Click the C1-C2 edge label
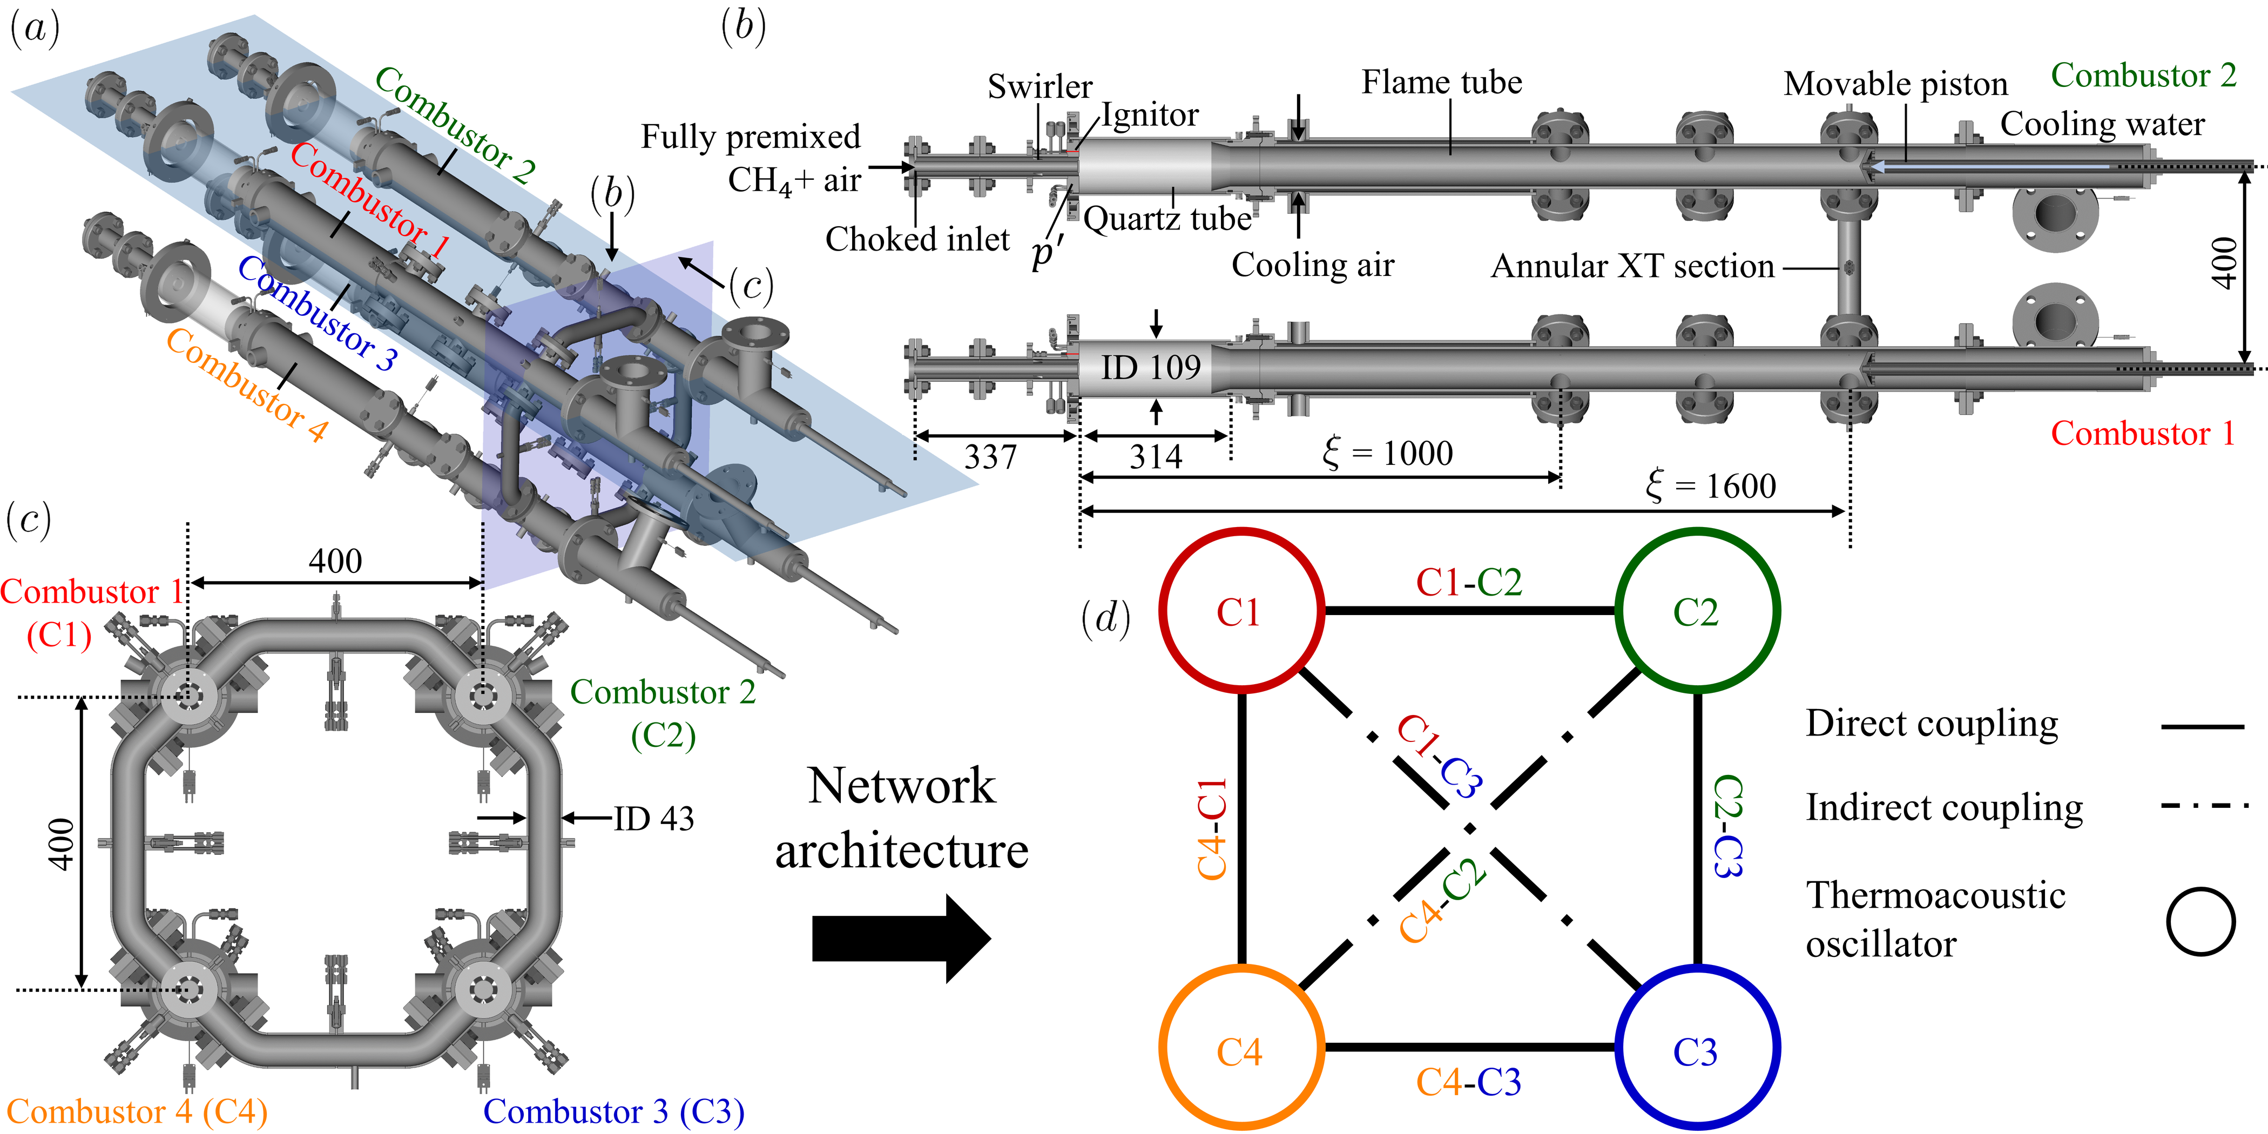[1469, 582]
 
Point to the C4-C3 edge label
[1469, 1082]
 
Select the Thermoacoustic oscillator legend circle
[2200, 921]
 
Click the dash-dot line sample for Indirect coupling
[2204, 806]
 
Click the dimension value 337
[990, 457]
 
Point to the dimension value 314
[1156, 457]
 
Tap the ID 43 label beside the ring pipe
[653, 819]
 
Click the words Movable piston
[1895, 84]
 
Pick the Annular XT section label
[1632, 266]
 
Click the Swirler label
[1040, 86]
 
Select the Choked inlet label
[917, 239]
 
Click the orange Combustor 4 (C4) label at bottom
[137, 1111]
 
